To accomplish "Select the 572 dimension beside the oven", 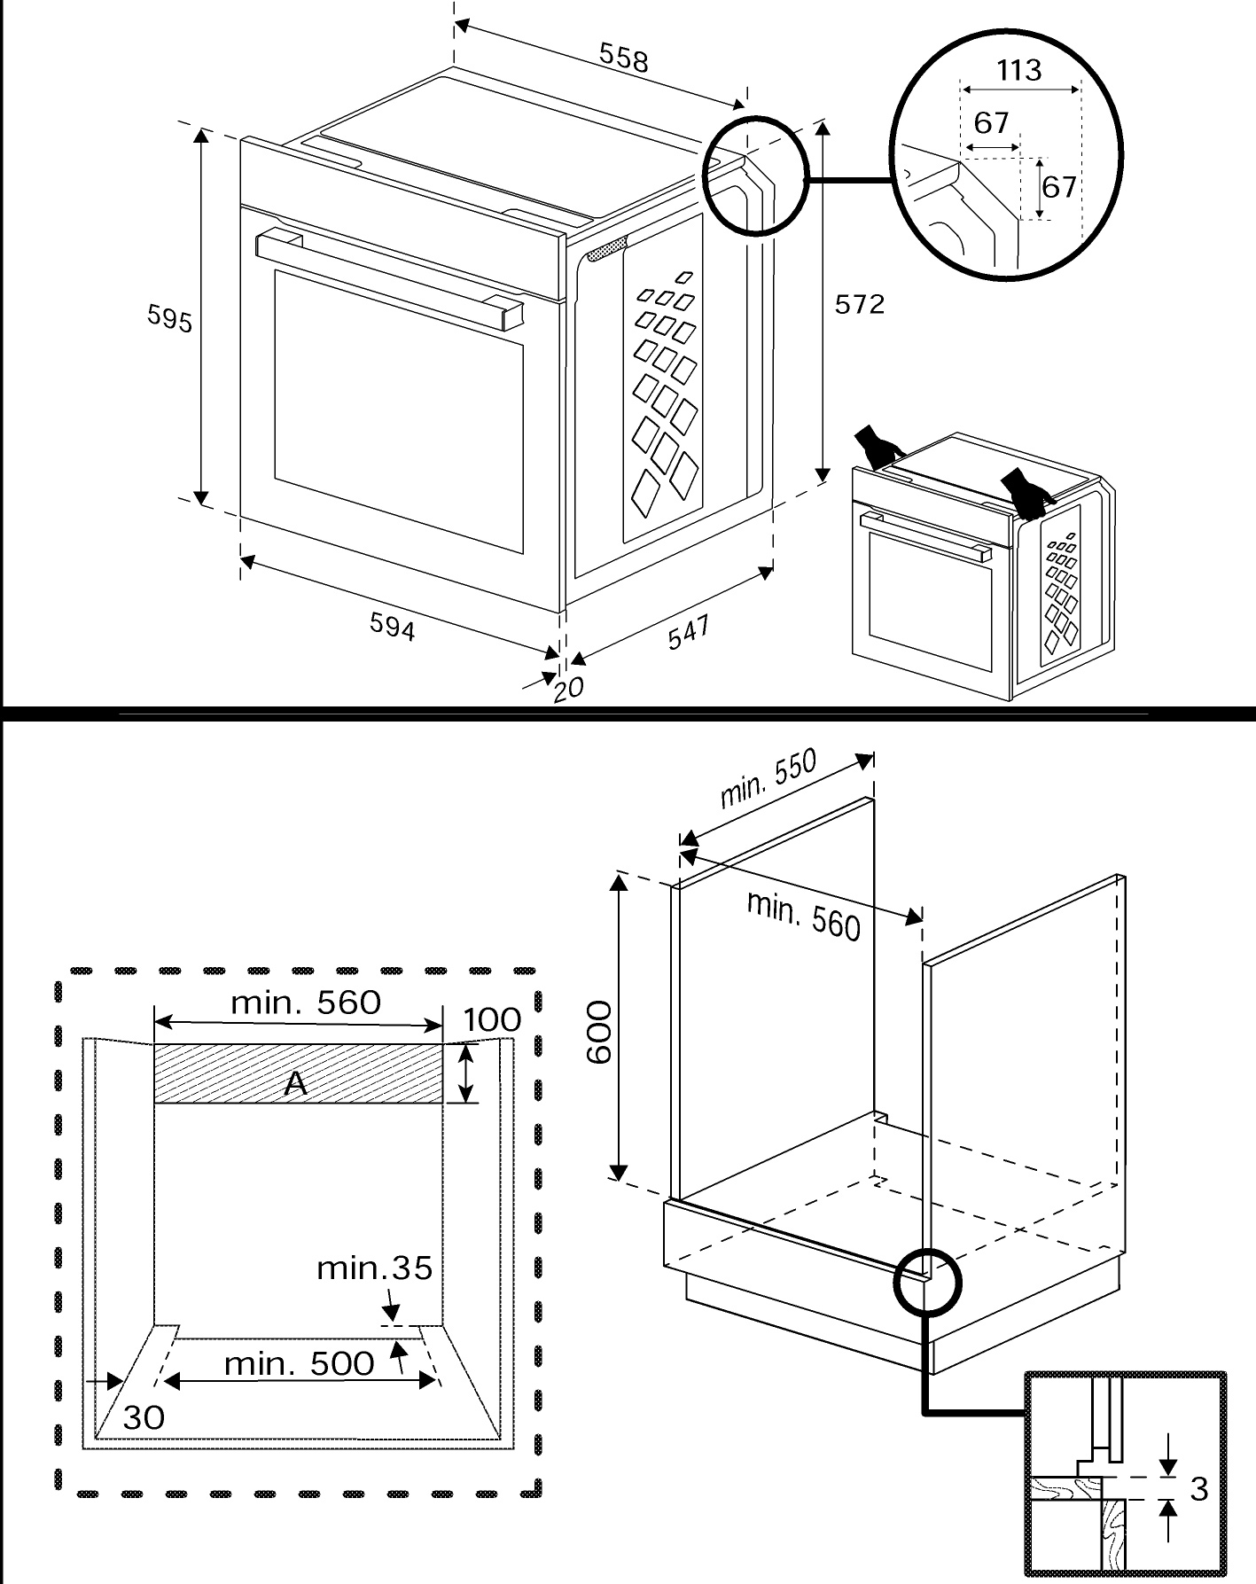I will (x=859, y=304).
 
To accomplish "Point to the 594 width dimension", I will (x=392, y=627).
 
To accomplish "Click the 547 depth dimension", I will (x=688, y=632).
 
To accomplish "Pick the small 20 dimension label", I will (x=568, y=688).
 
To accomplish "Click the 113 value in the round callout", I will (x=1018, y=70).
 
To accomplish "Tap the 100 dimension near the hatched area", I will (x=492, y=1019).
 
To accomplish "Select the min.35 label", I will (x=374, y=1268).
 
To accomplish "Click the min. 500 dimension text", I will (x=299, y=1363).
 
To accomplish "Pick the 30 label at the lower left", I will (x=144, y=1417).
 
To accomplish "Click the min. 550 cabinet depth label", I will (x=768, y=778).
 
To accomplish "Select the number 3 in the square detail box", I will (x=1198, y=1488).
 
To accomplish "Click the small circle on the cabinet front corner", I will (x=927, y=1278).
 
